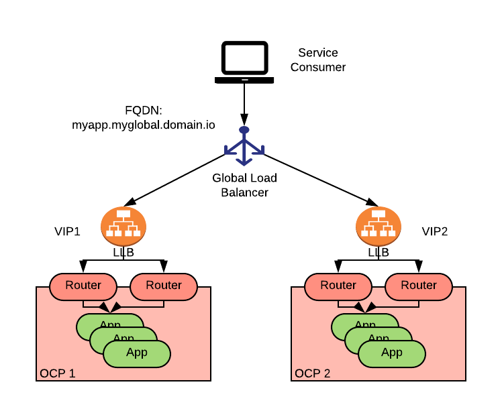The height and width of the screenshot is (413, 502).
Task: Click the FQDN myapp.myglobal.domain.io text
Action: (x=144, y=117)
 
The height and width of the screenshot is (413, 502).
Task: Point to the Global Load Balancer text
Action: (x=244, y=185)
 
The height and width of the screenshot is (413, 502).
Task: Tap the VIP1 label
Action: (x=67, y=232)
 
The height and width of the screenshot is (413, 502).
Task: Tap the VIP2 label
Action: (x=435, y=232)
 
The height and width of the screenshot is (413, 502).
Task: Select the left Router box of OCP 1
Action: (x=83, y=286)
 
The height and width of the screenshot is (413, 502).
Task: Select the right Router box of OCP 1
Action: (x=164, y=286)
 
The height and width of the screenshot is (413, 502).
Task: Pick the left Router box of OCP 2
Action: (x=338, y=286)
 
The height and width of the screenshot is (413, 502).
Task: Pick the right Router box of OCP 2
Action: (x=419, y=286)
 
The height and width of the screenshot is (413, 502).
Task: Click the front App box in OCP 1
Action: (x=137, y=353)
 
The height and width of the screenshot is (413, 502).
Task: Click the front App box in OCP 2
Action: (x=392, y=353)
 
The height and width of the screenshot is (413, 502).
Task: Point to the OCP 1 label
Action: (x=58, y=373)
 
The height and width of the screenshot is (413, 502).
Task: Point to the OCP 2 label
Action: (x=313, y=373)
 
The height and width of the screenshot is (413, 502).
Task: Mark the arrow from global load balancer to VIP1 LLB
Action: (x=178, y=178)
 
